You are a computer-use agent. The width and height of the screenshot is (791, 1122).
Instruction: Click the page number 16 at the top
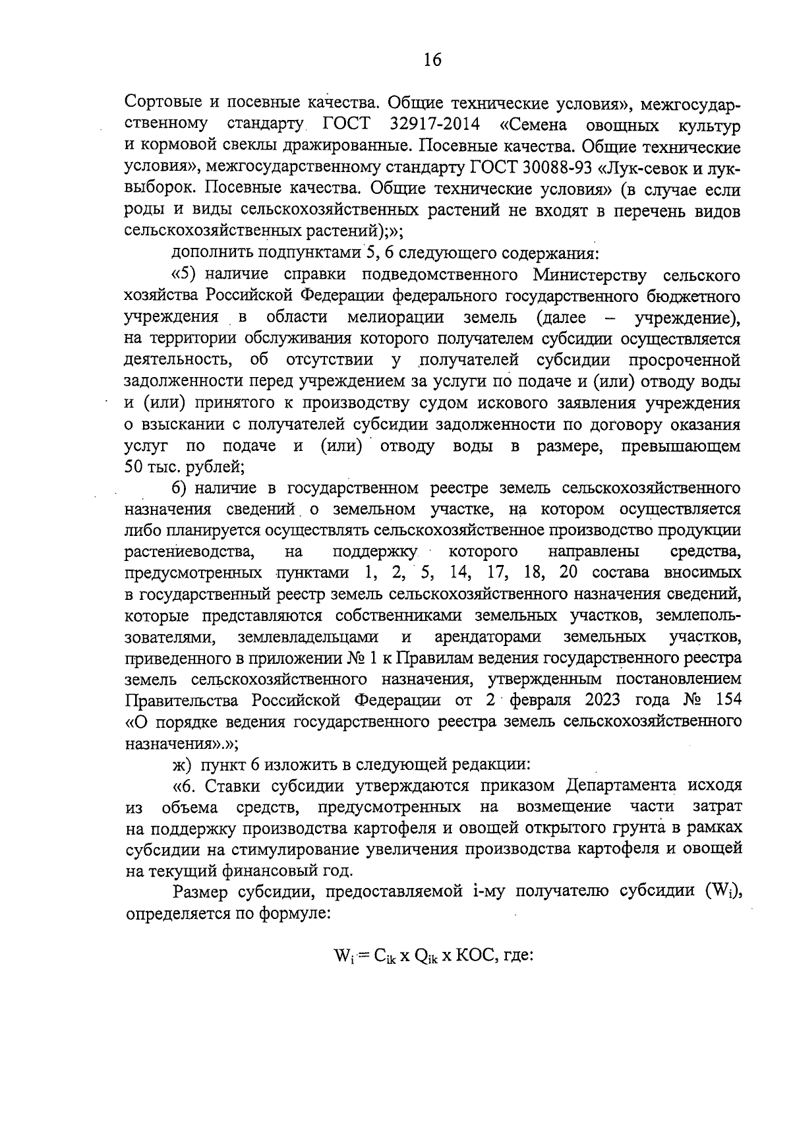(x=432, y=60)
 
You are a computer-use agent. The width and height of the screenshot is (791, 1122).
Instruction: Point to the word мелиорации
(x=395, y=317)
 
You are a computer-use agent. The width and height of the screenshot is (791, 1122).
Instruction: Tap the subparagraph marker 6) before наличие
(x=181, y=488)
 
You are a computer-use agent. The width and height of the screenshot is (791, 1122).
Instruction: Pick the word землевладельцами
(x=308, y=637)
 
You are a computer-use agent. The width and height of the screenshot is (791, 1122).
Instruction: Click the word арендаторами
(x=488, y=637)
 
